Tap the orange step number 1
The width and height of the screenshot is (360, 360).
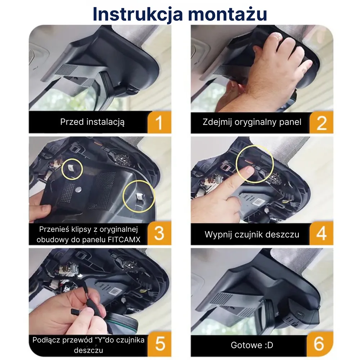point(159,122)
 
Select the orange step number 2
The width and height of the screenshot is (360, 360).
point(321,122)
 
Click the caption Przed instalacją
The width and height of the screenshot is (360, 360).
point(92,122)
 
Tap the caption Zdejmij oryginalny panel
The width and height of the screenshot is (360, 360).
point(252,122)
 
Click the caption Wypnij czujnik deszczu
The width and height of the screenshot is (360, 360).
point(252,234)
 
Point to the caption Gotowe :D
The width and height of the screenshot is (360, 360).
point(252,345)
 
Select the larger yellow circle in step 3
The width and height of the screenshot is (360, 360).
point(139,196)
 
